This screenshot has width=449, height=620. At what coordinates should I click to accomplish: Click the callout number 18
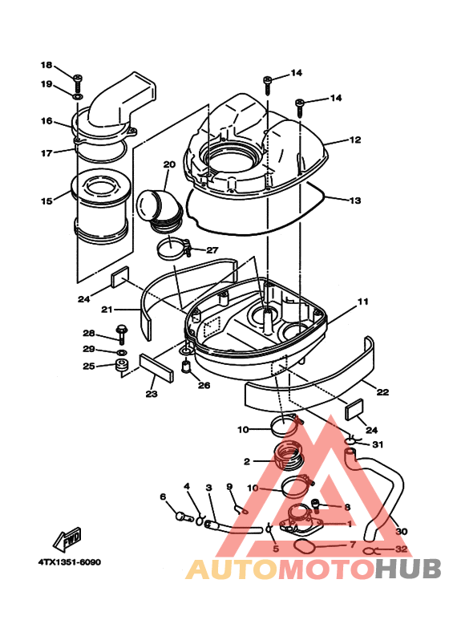click(46, 65)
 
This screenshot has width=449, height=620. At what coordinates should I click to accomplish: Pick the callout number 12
click(354, 140)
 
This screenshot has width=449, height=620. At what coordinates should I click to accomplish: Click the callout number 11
click(362, 302)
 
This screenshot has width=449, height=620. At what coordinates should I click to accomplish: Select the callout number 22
click(382, 392)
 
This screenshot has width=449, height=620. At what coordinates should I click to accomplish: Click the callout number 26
click(204, 385)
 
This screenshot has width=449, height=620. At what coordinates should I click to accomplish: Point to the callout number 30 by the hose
click(402, 531)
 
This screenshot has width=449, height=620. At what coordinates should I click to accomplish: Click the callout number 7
click(352, 545)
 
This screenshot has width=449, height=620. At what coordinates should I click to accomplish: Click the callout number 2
click(248, 461)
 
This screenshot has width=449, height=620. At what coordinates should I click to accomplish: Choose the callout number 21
click(107, 309)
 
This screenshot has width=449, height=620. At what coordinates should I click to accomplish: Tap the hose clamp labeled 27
click(173, 248)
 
